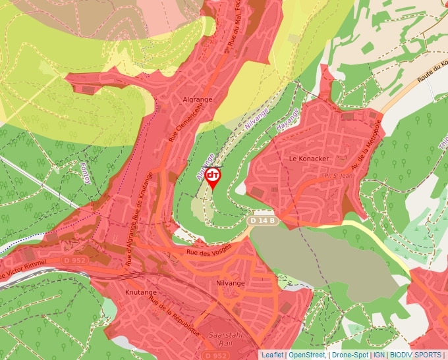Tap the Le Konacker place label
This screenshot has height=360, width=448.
(x=308, y=159)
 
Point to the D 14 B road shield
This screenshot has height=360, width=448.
(x=262, y=222)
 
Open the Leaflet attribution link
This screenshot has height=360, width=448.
(x=272, y=355)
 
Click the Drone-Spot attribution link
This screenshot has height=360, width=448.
(x=350, y=355)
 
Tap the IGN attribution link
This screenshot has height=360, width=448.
(x=379, y=355)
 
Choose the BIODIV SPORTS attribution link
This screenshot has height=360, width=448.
(x=415, y=355)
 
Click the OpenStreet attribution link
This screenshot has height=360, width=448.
(x=307, y=355)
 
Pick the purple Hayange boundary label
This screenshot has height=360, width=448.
(x=287, y=118)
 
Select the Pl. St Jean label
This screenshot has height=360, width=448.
(x=335, y=176)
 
